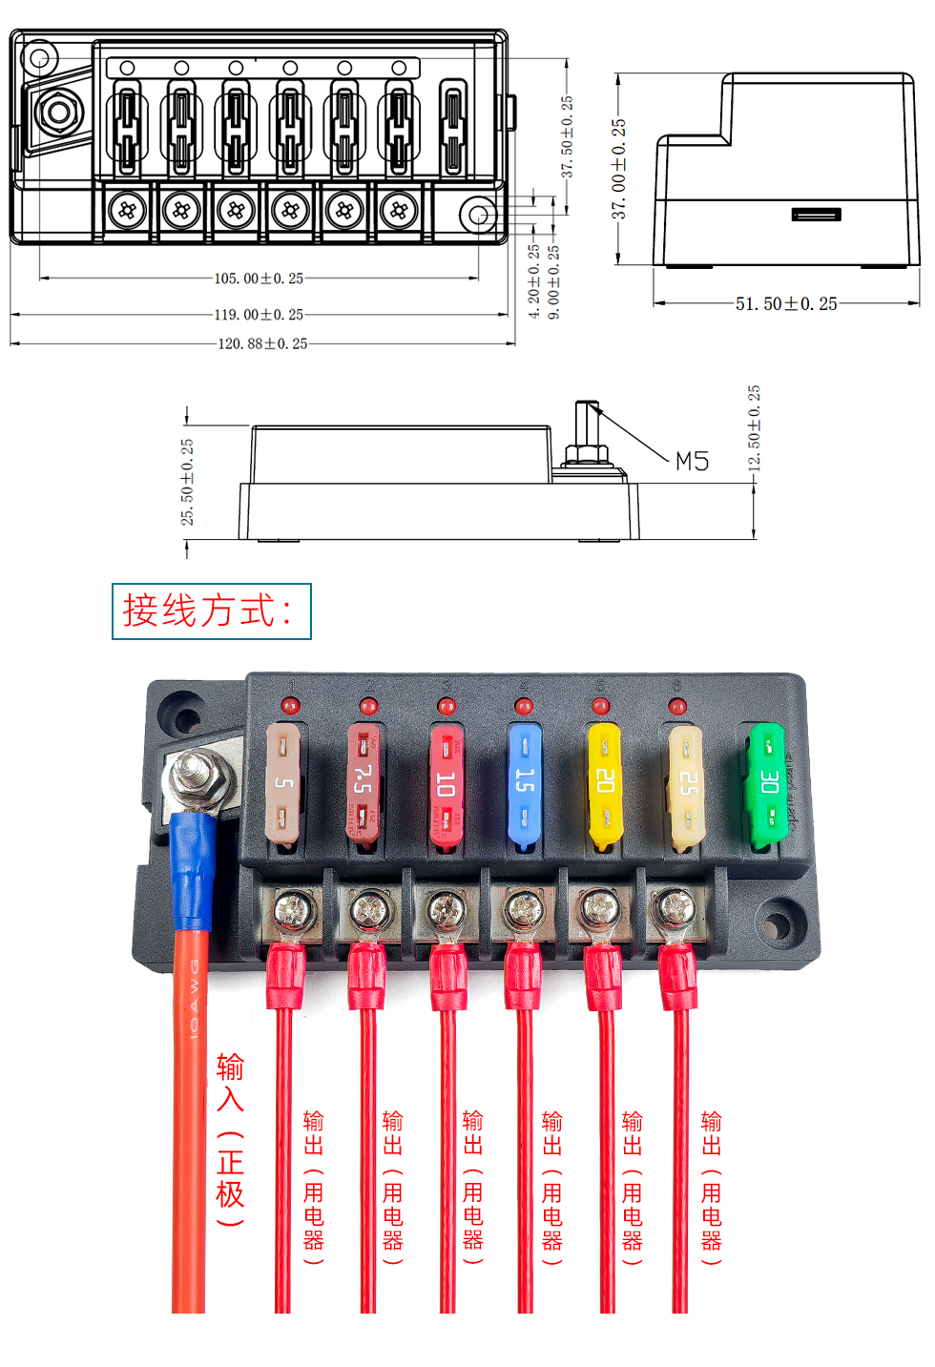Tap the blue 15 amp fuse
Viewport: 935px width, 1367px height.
(x=524, y=785)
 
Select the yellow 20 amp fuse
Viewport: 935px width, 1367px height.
(x=604, y=785)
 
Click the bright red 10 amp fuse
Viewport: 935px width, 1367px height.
(x=446, y=785)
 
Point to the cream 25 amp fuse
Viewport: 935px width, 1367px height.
(x=685, y=785)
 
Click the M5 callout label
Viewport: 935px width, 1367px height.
(x=692, y=462)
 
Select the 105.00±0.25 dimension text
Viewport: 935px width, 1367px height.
(x=259, y=279)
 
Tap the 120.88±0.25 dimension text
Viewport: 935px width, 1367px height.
(x=262, y=343)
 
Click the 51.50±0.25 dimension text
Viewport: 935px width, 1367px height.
(x=786, y=303)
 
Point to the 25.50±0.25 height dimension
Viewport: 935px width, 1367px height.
(x=187, y=482)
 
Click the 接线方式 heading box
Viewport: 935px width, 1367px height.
(x=212, y=611)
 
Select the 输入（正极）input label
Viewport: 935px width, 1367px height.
(x=230, y=1139)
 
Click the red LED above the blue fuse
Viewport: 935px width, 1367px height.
(x=523, y=706)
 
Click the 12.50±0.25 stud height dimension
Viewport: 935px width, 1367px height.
(x=754, y=428)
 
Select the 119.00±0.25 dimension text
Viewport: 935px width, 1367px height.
(x=259, y=314)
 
